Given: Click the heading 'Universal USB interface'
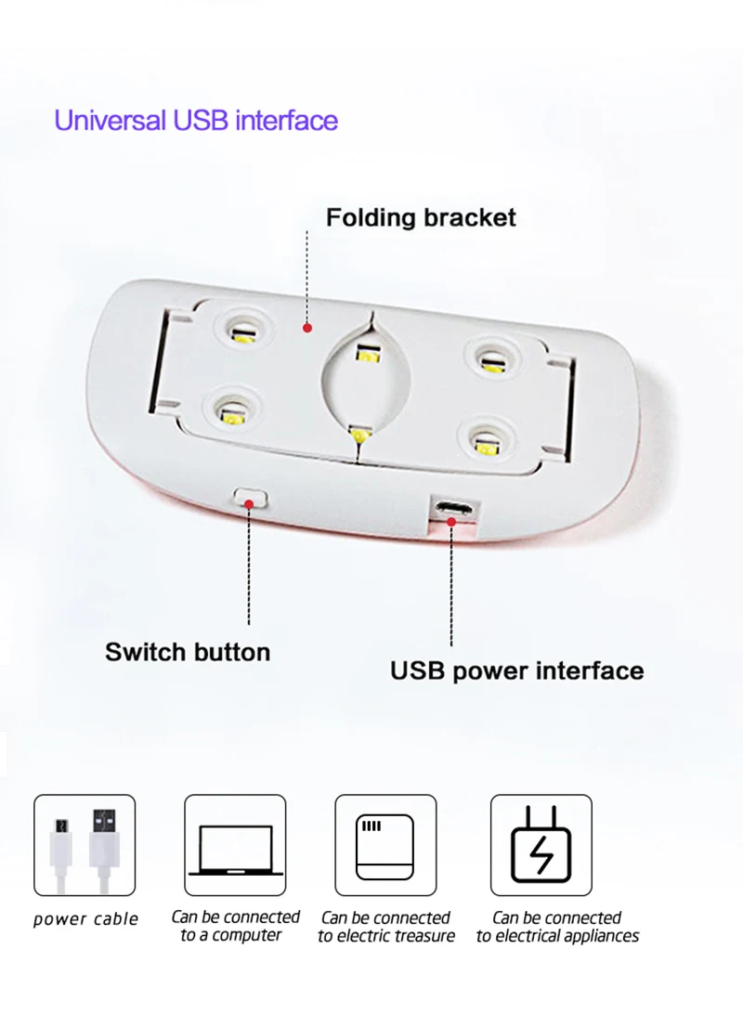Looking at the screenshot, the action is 196,121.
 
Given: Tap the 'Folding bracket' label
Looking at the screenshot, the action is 421,218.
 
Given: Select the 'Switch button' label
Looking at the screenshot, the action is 188,652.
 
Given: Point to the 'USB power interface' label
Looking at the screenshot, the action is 516,670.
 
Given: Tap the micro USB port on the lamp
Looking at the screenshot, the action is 453,508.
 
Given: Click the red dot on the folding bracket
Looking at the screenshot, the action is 308,328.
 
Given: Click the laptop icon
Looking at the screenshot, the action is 234,845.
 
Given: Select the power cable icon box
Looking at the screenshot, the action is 85,845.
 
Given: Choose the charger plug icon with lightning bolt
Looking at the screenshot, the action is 541,845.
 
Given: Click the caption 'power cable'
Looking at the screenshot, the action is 85,919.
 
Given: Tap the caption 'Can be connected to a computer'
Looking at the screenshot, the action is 235,927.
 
